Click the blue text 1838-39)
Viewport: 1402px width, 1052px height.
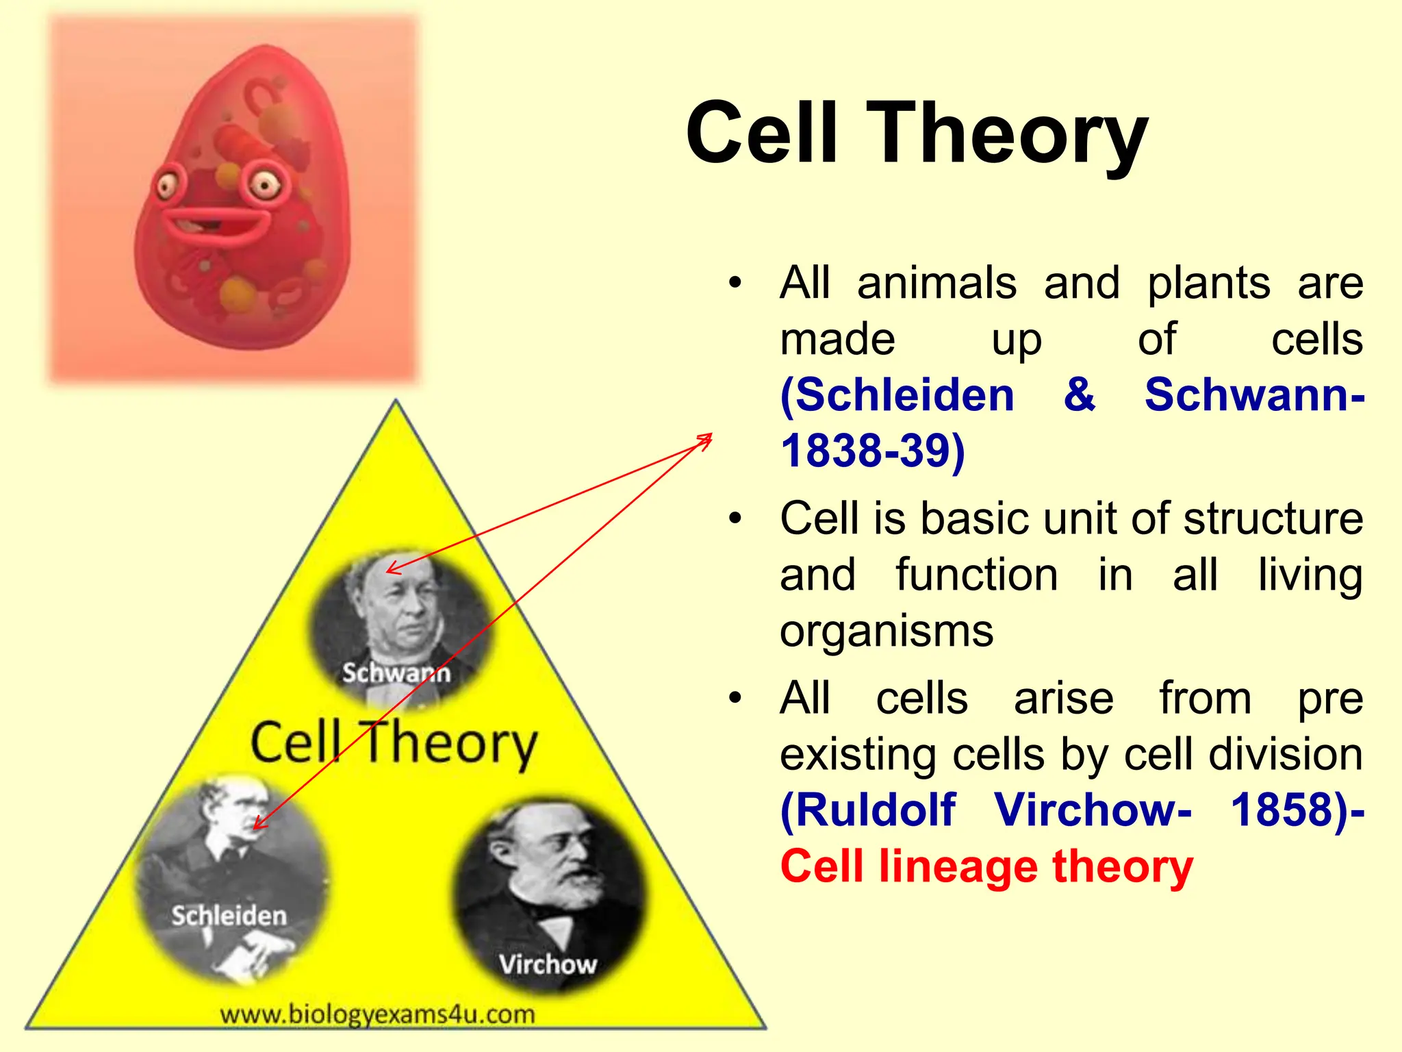pyautogui.click(x=873, y=451)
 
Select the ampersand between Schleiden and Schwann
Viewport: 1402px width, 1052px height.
pyautogui.click(x=1079, y=394)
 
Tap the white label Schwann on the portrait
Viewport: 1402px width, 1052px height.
pyautogui.click(x=396, y=673)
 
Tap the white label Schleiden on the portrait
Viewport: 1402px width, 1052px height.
pyautogui.click(x=229, y=916)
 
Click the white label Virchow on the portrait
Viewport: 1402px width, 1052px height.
pyautogui.click(x=548, y=964)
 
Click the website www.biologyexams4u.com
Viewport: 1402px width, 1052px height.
pyautogui.click(x=377, y=1014)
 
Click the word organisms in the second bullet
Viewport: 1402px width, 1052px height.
pyautogui.click(x=886, y=631)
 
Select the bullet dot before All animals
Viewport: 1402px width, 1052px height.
pyautogui.click(x=735, y=283)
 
